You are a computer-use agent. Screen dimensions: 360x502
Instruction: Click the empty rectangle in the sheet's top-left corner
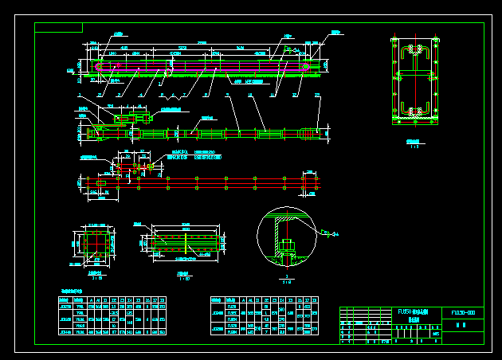point(59,28)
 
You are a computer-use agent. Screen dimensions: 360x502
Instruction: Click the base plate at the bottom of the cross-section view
point(415,122)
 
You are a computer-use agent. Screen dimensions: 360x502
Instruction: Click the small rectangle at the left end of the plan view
point(100,182)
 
